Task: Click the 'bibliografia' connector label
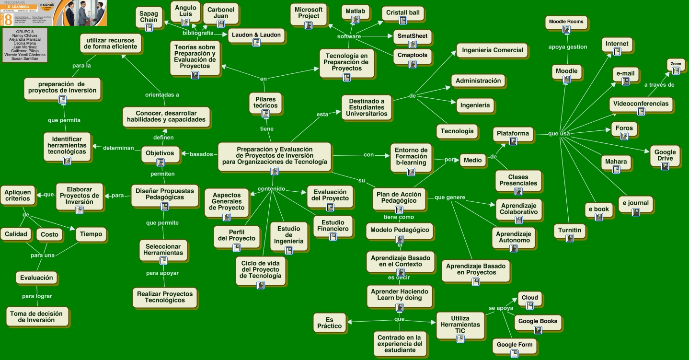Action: point(198,33)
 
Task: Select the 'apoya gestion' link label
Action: point(568,47)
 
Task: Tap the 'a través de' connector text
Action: point(659,85)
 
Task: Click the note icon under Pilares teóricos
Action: point(265,114)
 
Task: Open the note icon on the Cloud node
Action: point(529,305)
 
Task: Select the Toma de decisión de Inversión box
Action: point(36,317)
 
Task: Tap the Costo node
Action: point(49,234)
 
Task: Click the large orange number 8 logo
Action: point(8,19)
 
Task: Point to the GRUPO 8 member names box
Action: point(25,46)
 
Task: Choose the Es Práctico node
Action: point(329,323)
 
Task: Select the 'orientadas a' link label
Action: point(162,94)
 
